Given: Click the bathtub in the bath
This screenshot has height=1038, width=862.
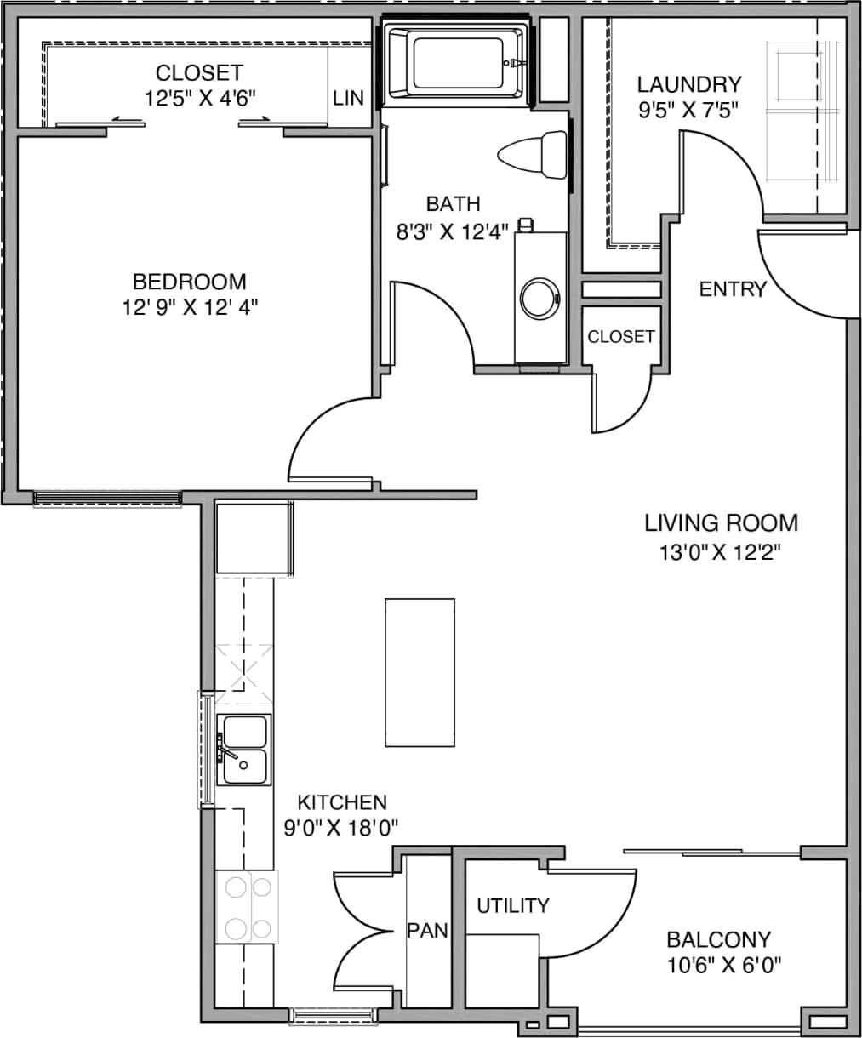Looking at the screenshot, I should [x=454, y=63].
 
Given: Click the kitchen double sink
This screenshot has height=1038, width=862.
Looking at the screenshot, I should [x=244, y=750].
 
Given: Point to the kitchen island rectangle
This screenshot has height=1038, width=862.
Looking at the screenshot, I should [x=420, y=672].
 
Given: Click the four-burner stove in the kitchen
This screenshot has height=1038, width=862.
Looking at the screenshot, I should [x=248, y=907].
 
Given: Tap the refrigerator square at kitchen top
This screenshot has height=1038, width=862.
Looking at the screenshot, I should [x=252, y=539].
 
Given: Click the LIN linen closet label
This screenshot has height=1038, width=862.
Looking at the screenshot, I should [x=348, y=99].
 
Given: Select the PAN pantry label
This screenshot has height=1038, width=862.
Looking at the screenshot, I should [x=427, y=931].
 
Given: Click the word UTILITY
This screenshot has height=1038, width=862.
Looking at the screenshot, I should [x=512, y=905].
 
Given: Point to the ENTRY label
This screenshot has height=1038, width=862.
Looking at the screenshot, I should [x=732, y=289].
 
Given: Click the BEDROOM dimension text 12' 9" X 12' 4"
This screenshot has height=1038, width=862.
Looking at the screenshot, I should [x=189, y=306].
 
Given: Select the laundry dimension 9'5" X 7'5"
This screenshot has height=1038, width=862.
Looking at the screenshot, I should [x=688, y=109].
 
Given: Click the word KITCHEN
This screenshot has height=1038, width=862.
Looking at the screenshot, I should [x=342, y=801].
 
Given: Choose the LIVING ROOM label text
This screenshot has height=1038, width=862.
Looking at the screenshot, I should [x=721, y=522].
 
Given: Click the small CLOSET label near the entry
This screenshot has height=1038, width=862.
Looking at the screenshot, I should [x=621, y=337].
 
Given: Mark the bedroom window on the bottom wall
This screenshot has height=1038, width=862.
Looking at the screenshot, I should [x=107, y=498].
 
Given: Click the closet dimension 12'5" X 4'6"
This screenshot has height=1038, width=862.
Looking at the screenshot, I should [x=199, y=98].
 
